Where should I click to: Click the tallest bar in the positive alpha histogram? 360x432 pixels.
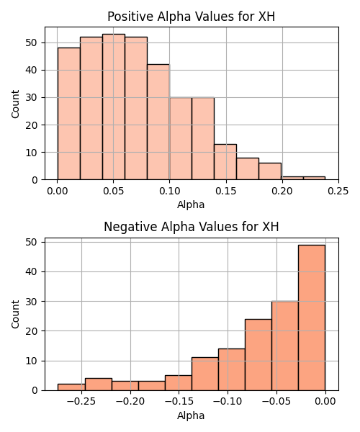pyautogui.click(x=114, y=107)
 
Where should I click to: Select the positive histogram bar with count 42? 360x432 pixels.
pyautogui.click(x=158, y=122)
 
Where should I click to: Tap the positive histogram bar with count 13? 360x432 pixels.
pyautogui.click(x=225, y=162)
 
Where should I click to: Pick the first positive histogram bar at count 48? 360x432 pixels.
pyautogui.click(x=69, y=114)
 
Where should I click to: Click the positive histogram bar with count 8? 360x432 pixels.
pyautogui.click(x=248, y=168)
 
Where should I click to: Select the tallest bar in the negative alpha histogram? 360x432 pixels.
pyautogui.click(x=312, y=318)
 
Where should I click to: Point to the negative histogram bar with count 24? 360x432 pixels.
pyautogui.click(x=258, y=355)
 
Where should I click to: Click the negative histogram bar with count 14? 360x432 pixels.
pyautogui.click(x=232, y=370)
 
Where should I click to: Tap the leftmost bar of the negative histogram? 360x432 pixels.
pyautogui.click(x=71, y=387)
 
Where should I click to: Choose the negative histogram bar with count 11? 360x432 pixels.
pyautogui.click(x=205, y=374)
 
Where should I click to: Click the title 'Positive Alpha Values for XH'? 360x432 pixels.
pyautogui.click(x=191, y=17)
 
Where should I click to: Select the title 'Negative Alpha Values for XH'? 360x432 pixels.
pyautogui.click(x=192, y=227)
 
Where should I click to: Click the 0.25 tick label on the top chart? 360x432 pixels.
pyautogui.click(x=338, y=191)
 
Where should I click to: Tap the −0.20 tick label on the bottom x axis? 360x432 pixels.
pyautogui.click(x=130, y=402)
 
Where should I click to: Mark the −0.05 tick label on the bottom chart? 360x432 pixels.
pyautogui.click(x=276, y=402)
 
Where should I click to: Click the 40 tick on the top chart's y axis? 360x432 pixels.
pyautogui.click(x=32, y=71)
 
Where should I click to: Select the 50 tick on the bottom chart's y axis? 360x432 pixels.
pyautogui.click(x=32, y=242)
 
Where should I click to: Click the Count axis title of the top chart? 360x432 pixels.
pyautogui.click(x=15, y=104)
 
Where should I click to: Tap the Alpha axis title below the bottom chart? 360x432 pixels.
pyautogui.click(x=191, y=415)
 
